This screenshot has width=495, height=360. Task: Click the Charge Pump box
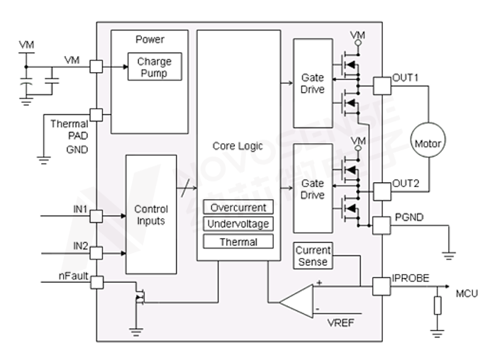coord(154,67)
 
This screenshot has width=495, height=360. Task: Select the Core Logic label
coord(238,146)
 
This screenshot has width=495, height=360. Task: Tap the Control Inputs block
coord(151,215)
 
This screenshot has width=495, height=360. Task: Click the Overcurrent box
coord(238,208)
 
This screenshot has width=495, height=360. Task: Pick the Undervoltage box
coord(238,225)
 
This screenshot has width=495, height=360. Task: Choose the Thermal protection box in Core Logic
coord(238,242)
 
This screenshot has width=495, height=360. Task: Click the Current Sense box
coord(313,257)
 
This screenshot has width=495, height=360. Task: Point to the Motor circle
coord(427,144)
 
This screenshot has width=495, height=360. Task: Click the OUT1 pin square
coord(382,86)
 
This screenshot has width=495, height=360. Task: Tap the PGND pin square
coord(382,226)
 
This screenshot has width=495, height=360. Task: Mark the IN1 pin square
coord(96,215)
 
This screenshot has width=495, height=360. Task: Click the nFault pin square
coord(96,281)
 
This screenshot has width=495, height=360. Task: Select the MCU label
coord(467,293)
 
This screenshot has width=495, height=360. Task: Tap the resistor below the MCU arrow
coord(438,305)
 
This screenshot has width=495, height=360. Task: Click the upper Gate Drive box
coord(313,84)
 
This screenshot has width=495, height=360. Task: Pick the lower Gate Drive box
coord(313,189)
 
